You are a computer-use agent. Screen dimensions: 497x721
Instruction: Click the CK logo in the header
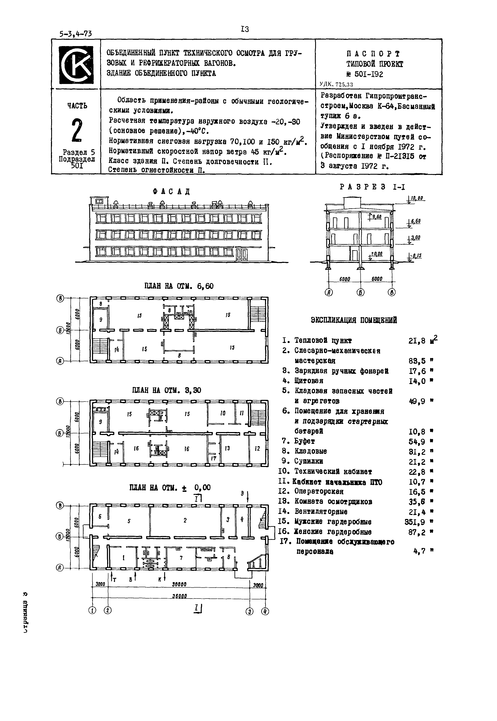point(76,65)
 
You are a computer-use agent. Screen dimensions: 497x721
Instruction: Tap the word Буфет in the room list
point(305,441)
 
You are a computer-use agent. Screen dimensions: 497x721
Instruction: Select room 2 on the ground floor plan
point(185,520)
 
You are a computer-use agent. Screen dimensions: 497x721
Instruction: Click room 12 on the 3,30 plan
point(257,449)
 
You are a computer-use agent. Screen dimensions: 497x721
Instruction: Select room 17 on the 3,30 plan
point(214,459)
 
